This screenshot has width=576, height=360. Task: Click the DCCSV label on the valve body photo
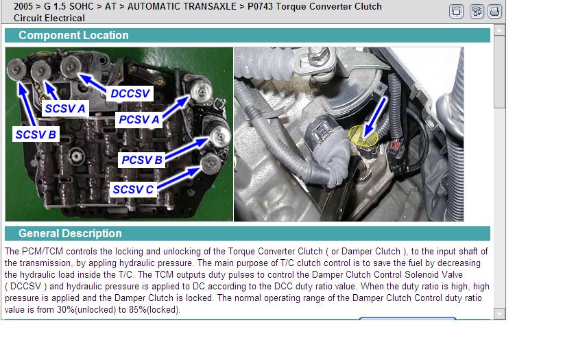click(130, 93)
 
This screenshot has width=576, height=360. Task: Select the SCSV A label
click(65, 109)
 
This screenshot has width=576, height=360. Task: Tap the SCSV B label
click(36, 134)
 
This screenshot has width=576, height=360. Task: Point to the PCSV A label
click(139, 119)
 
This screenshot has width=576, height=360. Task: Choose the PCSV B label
click(142, 160)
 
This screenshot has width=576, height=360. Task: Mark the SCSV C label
click(133, 189)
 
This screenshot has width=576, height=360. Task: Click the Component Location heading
click(73, 35)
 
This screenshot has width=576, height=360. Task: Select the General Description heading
click(70, 233)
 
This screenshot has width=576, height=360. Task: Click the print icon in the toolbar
click(494, 12)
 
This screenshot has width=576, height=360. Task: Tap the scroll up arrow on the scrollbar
click(499, 30)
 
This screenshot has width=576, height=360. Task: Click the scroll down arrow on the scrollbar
click(499, 313)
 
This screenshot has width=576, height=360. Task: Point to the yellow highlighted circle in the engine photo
click(363, 136)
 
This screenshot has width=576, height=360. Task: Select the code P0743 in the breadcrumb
click(260, 7)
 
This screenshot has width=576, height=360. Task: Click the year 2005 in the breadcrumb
click(23, 7)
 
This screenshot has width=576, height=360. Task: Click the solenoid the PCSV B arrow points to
click(219, 136)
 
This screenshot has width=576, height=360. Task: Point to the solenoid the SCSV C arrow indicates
click(211, 164)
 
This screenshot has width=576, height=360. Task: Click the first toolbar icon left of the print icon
click(477, 12)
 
